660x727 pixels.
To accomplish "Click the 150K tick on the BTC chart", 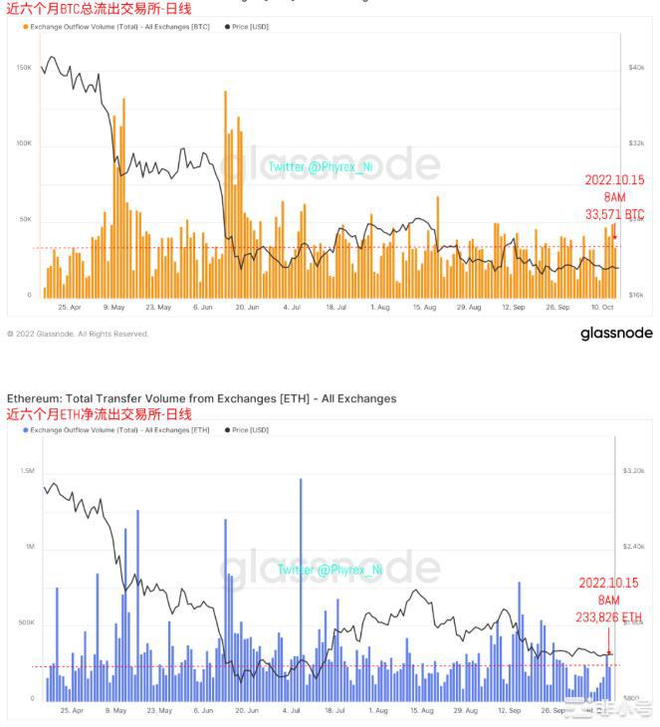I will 24,68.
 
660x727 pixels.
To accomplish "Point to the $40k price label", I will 637,68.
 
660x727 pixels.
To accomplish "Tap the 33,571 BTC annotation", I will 614,214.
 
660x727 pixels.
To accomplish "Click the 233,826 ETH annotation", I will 610,616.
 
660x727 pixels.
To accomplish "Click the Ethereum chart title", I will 201,398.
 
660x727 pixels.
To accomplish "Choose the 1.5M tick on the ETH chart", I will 27,470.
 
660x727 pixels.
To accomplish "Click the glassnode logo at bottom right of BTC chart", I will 616,334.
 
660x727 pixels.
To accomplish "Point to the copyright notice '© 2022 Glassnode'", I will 78,335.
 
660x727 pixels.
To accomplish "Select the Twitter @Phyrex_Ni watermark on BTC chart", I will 320,166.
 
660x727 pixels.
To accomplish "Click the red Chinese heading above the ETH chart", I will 100,413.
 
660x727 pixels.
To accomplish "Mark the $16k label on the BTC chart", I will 637,296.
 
